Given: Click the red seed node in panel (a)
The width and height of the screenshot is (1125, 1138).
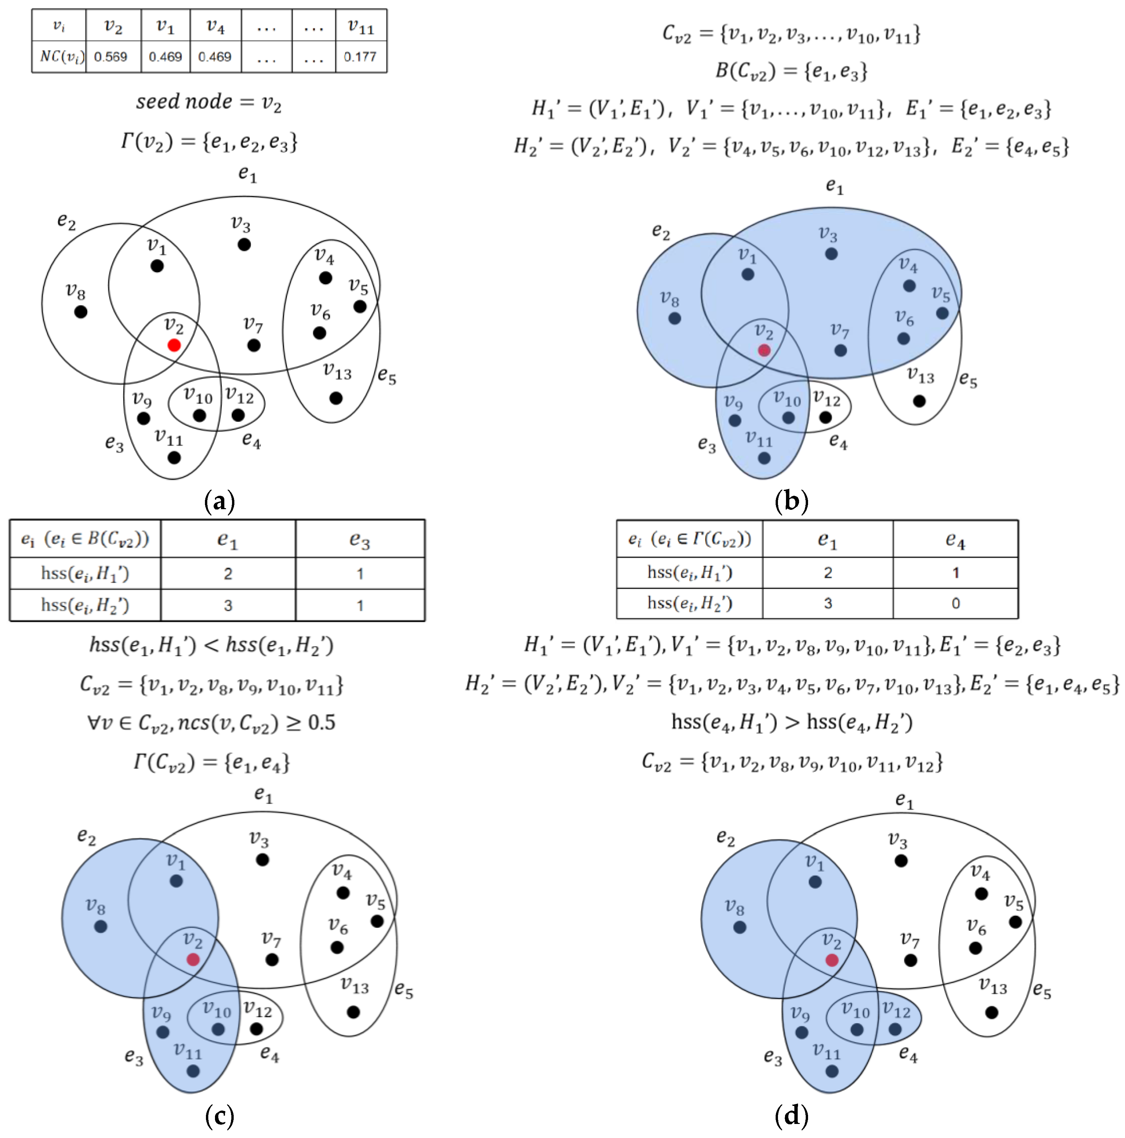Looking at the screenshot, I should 173,345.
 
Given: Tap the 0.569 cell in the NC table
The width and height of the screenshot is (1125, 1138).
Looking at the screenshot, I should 111,56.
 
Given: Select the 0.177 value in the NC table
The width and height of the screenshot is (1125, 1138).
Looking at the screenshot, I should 360,56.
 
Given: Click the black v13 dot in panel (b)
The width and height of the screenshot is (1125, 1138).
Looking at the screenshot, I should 919,401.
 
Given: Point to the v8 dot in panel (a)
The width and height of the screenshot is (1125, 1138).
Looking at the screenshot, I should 81,312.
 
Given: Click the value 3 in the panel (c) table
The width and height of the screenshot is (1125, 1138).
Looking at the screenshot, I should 228,605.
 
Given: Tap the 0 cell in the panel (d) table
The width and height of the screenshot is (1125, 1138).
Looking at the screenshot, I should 955,603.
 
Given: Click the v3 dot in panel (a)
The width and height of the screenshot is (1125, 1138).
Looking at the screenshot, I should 244,244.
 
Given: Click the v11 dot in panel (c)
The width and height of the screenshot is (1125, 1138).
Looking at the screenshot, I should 193,1071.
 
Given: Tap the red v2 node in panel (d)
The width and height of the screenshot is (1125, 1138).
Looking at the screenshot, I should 831,960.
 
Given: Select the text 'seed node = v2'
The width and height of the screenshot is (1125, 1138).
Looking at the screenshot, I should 209,103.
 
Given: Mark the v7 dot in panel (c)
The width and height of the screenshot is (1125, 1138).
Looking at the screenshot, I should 271,959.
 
